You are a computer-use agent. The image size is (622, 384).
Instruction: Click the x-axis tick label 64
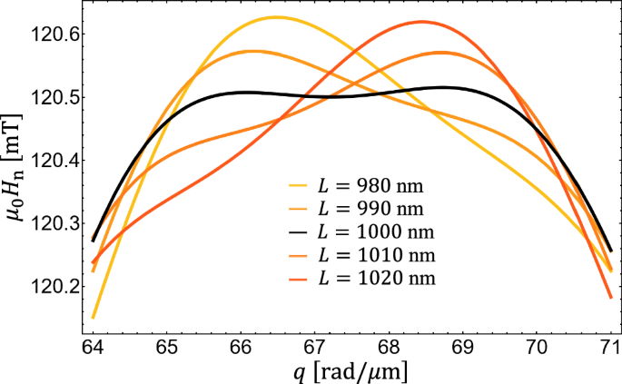[93, 346]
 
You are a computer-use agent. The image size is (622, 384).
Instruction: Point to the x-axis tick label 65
[166, 346]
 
